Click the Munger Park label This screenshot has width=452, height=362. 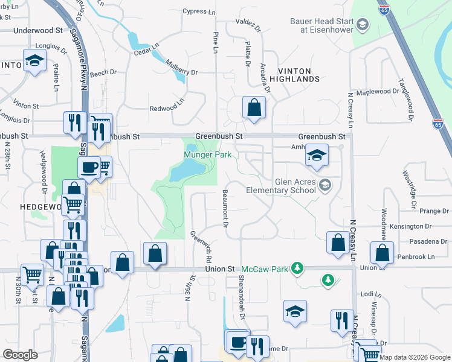coord(208,155)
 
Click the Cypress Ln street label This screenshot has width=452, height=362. coord(199,11)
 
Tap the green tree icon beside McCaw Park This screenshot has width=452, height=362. coord(296,267)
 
